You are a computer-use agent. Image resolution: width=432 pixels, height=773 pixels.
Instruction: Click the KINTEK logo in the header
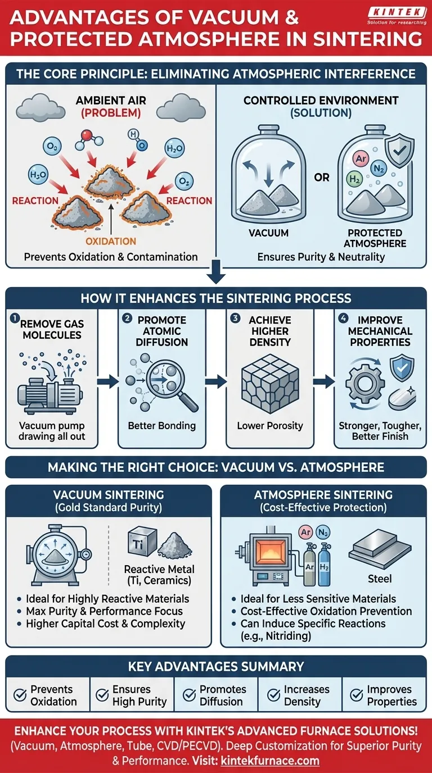[x=398, y=15]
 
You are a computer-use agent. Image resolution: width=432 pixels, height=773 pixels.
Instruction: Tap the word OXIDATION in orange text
[x=110, y=240]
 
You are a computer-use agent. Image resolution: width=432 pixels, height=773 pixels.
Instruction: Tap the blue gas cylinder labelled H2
[x=325, y=567]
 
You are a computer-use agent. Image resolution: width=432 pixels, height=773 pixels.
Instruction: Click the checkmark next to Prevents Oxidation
[x=20, y=695]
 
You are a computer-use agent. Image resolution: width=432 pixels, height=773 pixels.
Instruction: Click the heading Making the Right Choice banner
[x=216, y=467]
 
